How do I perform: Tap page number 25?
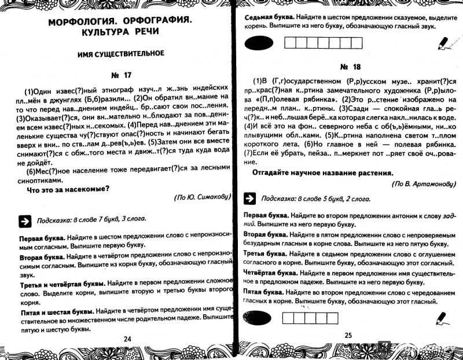(x=348, y=335)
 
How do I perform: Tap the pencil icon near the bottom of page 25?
(x=442, y=316)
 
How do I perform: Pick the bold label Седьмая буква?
(x=271, y=18)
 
